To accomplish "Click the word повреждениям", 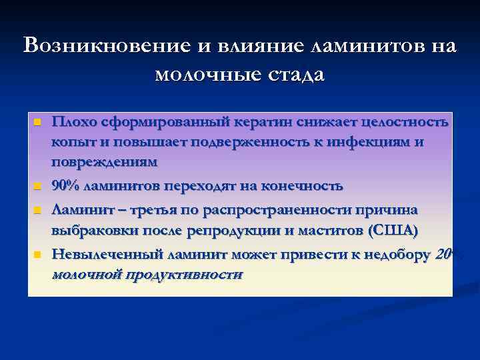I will click(x=104, y=161).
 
